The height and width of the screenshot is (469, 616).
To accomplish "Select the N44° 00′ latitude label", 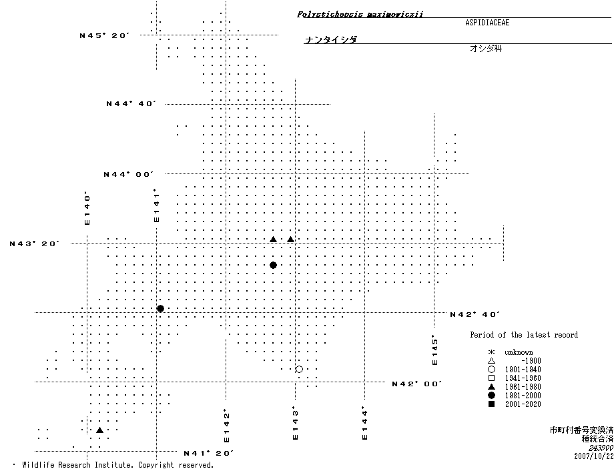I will (128, 174).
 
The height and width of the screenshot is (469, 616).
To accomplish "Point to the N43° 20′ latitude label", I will (35, 244).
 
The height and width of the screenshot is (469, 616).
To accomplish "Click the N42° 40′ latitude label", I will (475, 314).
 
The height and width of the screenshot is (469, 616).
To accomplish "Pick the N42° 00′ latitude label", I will (416, 384).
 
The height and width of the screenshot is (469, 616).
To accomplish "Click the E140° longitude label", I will (87, 209).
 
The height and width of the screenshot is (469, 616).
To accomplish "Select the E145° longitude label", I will (434, 350).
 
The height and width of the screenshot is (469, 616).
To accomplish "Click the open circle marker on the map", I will (299, 369).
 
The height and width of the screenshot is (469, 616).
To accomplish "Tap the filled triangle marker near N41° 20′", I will (99, 430).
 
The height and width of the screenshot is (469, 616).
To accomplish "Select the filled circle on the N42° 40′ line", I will (160, 308).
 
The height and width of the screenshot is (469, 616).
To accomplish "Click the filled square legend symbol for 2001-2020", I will (491, 404).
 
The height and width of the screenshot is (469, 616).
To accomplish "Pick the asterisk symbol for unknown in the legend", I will (491, 352).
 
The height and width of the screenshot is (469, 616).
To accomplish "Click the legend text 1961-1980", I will (523, 387).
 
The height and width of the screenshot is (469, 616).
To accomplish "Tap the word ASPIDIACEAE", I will (487, 22).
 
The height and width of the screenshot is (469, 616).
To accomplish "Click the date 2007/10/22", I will (593, 456).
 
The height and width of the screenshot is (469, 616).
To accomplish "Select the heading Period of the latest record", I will (524, 335).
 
